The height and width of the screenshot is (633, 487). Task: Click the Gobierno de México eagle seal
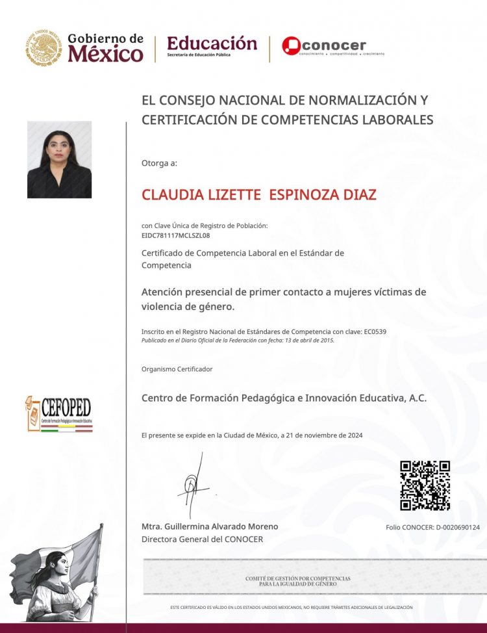44,47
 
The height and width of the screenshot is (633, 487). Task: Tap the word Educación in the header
212,43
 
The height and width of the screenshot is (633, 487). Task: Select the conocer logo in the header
324,45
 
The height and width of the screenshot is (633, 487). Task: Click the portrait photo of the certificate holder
59,159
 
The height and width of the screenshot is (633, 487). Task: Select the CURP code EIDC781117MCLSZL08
175,235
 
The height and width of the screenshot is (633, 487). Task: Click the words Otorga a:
159,162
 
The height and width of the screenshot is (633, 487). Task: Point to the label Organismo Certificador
177,369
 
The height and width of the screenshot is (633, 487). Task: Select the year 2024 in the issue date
354,435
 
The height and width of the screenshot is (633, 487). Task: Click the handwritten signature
193,484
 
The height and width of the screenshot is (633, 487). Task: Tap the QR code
425,485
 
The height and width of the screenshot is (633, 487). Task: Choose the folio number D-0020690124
457,527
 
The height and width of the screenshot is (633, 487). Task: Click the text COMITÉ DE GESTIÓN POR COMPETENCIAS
297,578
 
